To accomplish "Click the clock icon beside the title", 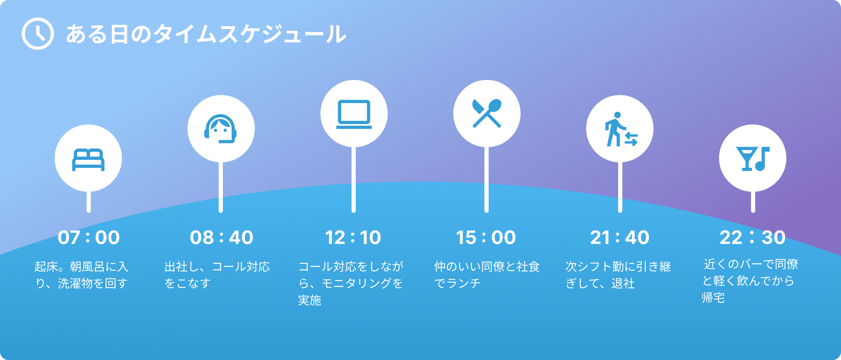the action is tap(38, 34).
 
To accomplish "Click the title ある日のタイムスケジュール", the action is tap(206, 34).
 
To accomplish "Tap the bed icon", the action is tap(88, 160).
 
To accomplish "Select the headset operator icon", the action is tap(221, 129).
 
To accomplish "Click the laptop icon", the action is tap(354, 114).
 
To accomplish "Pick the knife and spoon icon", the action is tap(487, 113).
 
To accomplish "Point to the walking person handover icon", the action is tap(621, 129).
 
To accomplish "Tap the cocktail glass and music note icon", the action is tap(753, 159).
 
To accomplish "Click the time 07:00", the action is tap(89, 238).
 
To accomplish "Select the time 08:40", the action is tap(222, 238).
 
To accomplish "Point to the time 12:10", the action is tap(353, 238).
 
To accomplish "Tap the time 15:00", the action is tap(486, 238).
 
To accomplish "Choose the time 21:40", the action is tap(620, 238).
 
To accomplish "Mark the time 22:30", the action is tap(753, 238).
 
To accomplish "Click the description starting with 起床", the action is tap(82, 275).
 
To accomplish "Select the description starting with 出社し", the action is tap(217, 275).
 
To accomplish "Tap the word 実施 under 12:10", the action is tap(309, 300).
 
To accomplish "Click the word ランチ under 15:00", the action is tap(463, 283).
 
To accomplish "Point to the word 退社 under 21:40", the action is tap(623, 283).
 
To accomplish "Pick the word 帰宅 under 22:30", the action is tap(713, 298).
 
